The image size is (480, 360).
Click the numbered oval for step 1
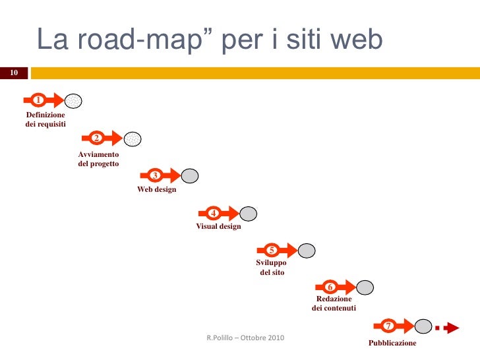coord(39,100)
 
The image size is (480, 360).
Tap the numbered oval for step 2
coord(96,138)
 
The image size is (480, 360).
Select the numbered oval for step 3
coord(154,175)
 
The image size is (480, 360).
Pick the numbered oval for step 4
coord(213,213)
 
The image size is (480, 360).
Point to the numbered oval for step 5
coord(271,250)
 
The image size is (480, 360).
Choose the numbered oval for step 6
coord(330,287)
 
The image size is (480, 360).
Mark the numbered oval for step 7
coord(388,326)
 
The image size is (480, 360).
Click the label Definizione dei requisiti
coord(45,119)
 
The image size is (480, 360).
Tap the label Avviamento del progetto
coord(98,159)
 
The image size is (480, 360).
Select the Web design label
coord(156,190)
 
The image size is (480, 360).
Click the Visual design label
coord(218,226)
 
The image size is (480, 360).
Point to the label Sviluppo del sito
coord(271,267)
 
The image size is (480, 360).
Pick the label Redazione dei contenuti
coord(334,303)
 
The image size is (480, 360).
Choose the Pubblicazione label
coord(392,344)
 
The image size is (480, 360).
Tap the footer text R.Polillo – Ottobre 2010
coord(245,338)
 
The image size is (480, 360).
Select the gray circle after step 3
coord(190,176)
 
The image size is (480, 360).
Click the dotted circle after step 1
coord(74,101)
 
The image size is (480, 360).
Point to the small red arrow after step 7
coord(451,326)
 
